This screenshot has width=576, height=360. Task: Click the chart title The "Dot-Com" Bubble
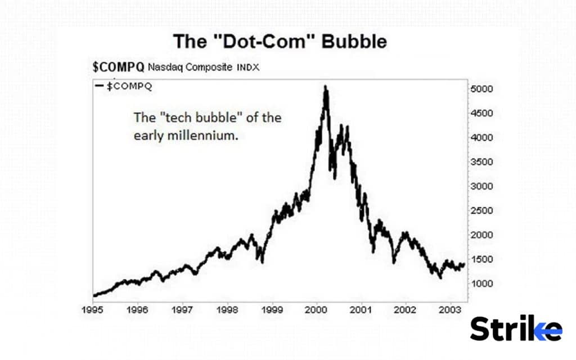coord(280,42)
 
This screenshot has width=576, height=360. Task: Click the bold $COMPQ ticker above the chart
coord(118,67)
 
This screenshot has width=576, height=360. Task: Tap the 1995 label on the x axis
coord(93,310)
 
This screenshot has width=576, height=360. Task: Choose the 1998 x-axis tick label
coord(227,310)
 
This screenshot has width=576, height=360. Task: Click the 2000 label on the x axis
coord(316,310)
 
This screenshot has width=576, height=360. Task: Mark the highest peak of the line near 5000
coord(325,88)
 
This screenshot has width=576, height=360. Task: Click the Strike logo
coord(516,328)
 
